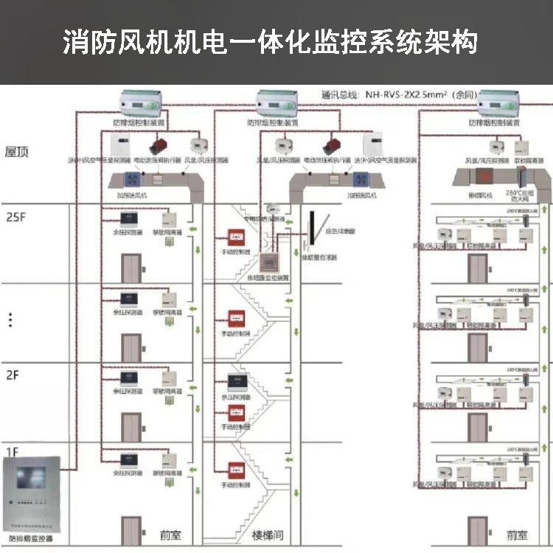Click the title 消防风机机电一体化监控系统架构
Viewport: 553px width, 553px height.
click(270, 42)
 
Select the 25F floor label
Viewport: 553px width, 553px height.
click(15, 219)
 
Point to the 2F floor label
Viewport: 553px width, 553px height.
click(13, 375)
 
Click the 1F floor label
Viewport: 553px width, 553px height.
click(12, 451)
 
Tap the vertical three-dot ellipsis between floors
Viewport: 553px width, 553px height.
click(10, 319)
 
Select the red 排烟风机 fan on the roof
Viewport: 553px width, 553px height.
click(484, 177)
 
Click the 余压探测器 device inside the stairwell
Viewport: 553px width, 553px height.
click(237, 383)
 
